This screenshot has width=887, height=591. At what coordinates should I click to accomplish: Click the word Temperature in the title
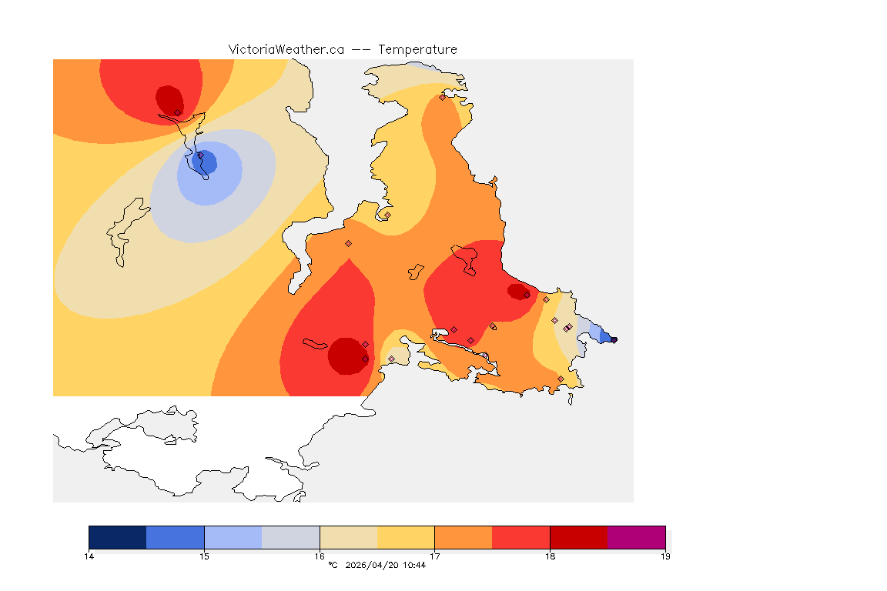tap(418, 49)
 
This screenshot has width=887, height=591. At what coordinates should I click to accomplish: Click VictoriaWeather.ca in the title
tap(286, 49)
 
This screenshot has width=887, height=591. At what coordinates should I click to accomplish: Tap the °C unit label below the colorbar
tap(333, 566)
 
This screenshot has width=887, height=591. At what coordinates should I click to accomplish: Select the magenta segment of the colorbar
tap(636, 537)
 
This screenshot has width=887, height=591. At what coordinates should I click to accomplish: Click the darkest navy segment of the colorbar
tap(117, 537)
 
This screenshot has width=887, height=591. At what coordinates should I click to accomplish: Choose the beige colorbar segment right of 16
tap(348, 537)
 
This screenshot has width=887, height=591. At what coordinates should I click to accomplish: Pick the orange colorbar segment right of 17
tap(464, 537)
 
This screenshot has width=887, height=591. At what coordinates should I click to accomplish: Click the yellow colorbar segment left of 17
tap(406, 537)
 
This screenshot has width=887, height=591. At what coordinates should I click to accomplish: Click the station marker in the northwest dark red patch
tap(177, 112)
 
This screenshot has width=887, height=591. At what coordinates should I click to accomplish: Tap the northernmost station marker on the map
tap(442, 97)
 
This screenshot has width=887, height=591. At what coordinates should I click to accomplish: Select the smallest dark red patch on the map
tap(518, 292)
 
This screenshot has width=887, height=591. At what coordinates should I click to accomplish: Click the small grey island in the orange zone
tap(416, 272)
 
